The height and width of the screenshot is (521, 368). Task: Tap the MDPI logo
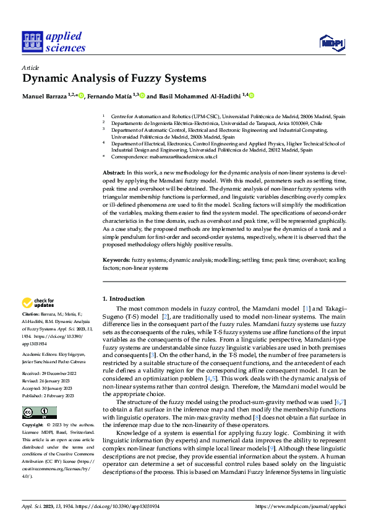(x=331, y=41)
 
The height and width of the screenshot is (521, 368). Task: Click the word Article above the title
(x=30, y=67)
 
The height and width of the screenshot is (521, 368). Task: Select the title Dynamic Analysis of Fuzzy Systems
(x=114, y=79)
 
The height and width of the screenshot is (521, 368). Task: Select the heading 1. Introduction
(x=124, y=298)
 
